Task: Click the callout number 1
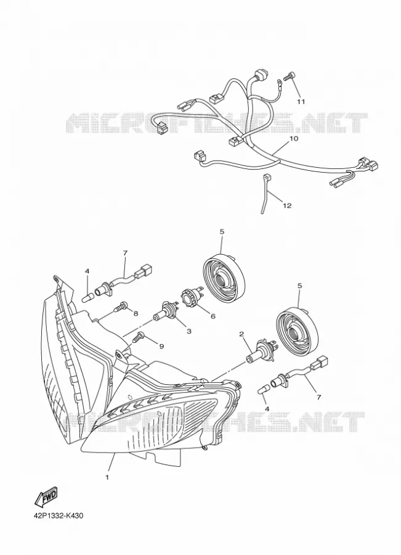pos(107,477)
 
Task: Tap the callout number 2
pos(242,334)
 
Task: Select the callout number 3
pos(189,331)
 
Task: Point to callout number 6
pos(213,316)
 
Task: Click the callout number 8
pos(136,313)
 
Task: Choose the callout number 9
pos(161,346)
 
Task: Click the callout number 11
pos(301,102)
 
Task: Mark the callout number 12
pos(287,205)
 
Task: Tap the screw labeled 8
pos(120,306)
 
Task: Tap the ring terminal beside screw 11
pos(280,83)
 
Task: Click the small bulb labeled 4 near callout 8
pos(87,296)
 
